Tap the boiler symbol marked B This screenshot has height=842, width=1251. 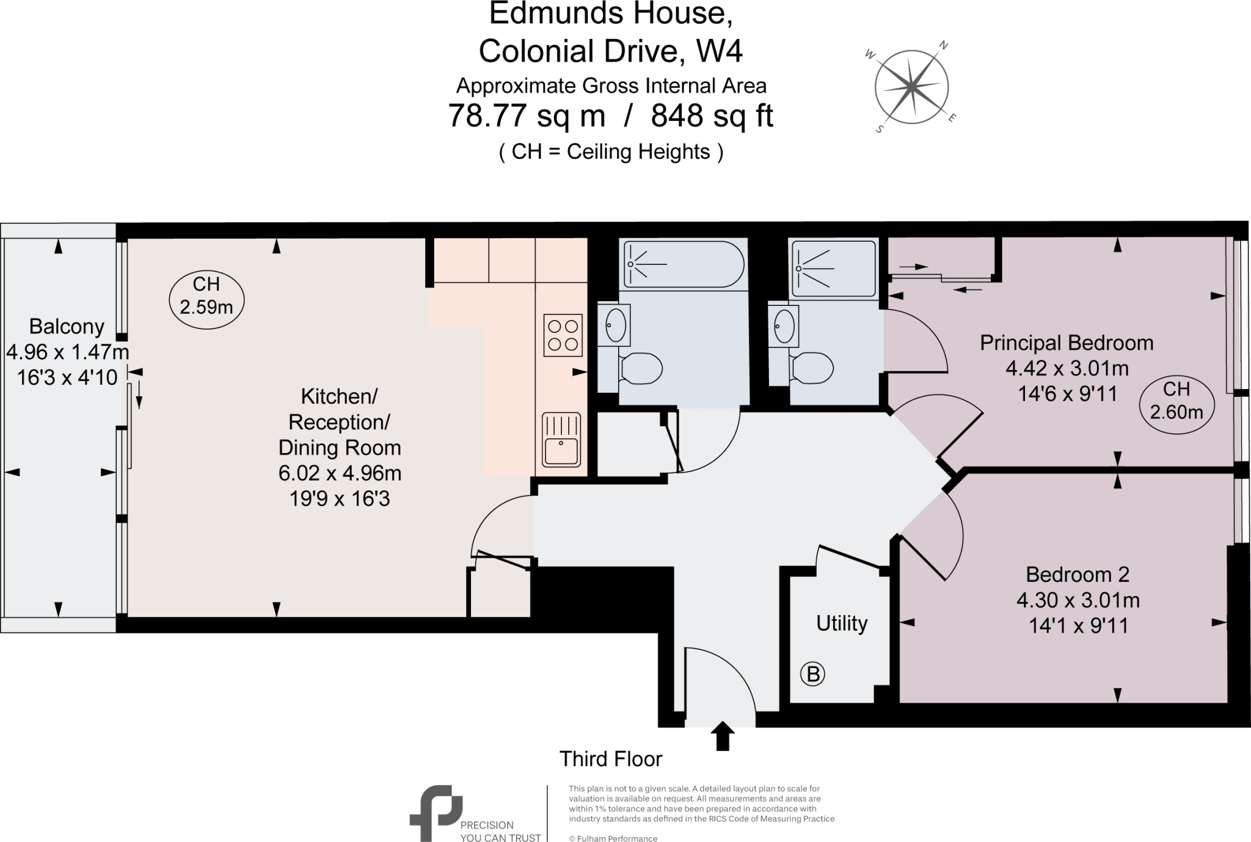(x=812, y=674)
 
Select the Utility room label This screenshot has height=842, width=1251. (x=842, y=623)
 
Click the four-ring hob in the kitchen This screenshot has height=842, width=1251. (x=563, y=335)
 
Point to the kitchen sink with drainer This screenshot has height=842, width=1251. (x=561, y=440)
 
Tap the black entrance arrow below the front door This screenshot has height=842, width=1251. (x=723, y=736)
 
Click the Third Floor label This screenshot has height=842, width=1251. (x=611, y=759)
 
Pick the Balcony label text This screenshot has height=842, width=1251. (x=67, y=327)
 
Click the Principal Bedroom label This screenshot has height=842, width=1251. (x=1067, y=343)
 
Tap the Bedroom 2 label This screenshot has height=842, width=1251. (x=1078, y=575)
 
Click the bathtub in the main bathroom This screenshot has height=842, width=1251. (x=683, y=264)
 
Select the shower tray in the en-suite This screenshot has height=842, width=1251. (x=833, y=268)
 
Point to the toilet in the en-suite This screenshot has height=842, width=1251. (x=812, y=368)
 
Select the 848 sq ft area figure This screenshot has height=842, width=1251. (x=712, y=116)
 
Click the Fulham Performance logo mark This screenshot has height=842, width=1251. (x=434, y=812)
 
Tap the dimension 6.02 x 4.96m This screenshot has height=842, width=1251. (x=340, y=473)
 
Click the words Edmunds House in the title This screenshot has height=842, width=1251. (x=611, y=13)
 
